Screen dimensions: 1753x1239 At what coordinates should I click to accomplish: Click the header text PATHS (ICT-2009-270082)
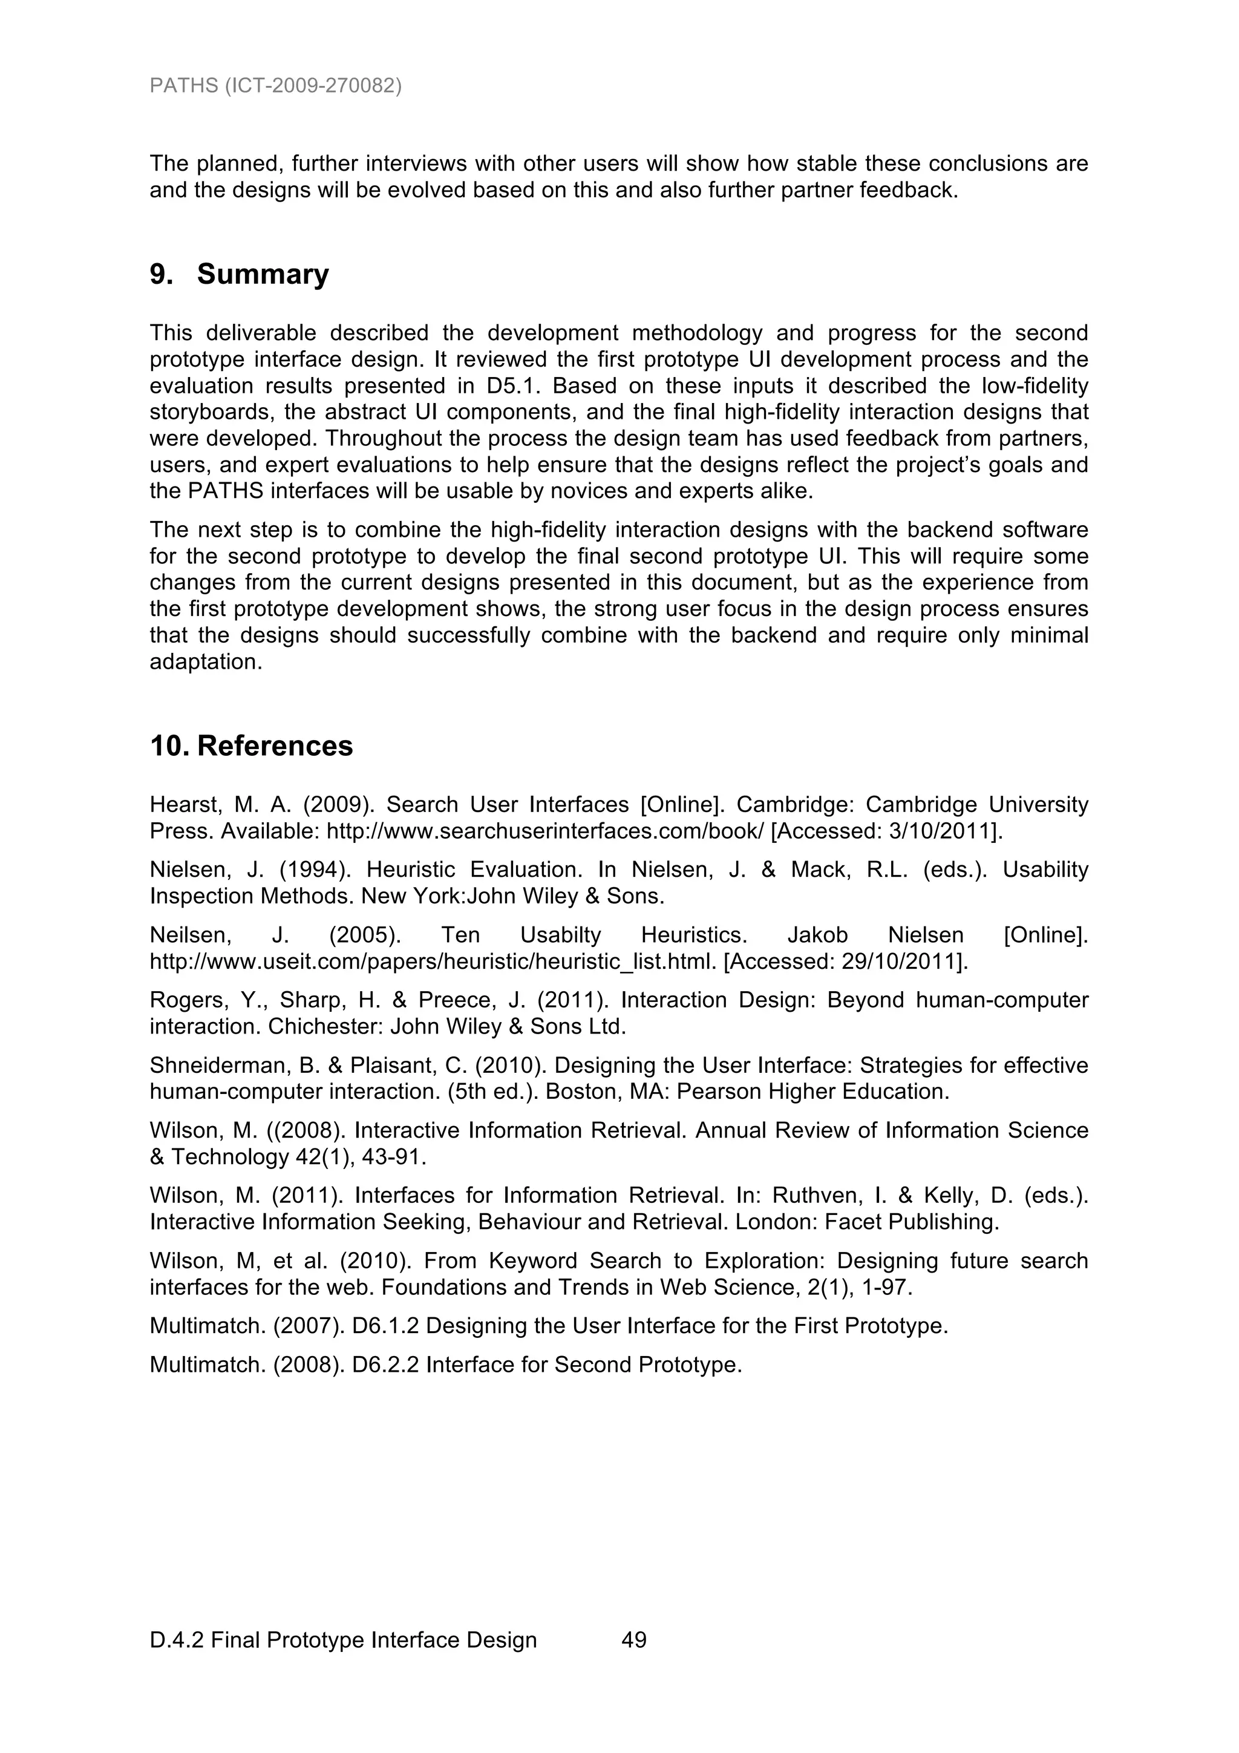pos(276,85)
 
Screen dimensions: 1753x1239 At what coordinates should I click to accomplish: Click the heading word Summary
pos(263,274)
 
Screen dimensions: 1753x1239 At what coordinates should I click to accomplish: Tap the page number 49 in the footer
pos(635,1640)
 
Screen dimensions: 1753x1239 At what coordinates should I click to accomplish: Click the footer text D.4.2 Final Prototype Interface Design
pos(344,1640)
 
